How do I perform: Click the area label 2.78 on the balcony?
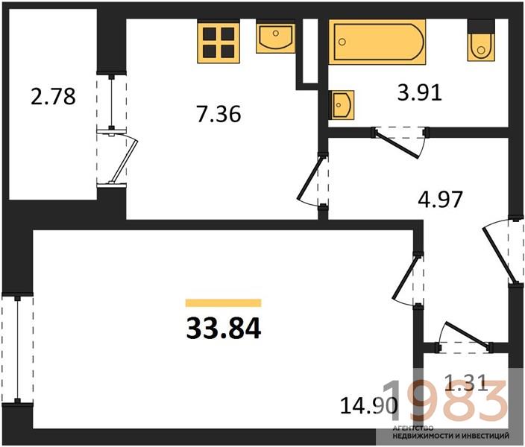click(x=53, y=96)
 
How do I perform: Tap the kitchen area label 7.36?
click(x=219, y=114)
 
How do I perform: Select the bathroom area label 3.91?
click(x=420, y=92)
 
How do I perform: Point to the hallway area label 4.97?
click(x=440, y=199)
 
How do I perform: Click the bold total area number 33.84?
click(x=223, y=329)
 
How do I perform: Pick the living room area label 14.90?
click(x=369, y=405)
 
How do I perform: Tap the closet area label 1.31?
click(x=466, y=383)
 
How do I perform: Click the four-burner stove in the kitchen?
click(x=219, y=42)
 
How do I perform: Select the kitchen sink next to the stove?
click(x=276, y=37)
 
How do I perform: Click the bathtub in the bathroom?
click(x=377, y=42)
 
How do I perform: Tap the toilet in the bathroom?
click(x=481, y=40)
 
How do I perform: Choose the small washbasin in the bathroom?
click(x=342, y=105)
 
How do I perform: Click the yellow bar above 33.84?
click(x=223, y=302)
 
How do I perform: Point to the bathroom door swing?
click(x=399, y=142)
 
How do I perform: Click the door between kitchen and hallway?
click(x=312, y=180)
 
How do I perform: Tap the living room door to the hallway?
click(x=407, y=280)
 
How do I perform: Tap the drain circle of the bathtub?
click(x=342, y=42)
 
